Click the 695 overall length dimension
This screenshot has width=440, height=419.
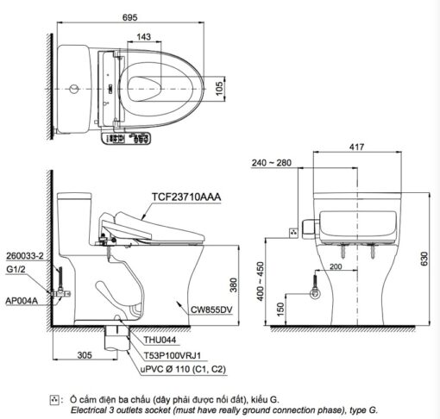coord(130,17)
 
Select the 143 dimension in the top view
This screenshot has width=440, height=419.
coord(143,37)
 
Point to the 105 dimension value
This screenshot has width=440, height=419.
coord(219,89)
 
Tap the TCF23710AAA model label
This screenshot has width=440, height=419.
coord(186,197)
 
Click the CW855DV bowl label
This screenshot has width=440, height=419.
coord(211,310)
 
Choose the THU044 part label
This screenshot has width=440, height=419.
coord(160,340)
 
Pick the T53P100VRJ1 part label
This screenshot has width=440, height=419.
coord(173,355)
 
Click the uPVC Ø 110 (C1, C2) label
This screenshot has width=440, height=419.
coord(183,369)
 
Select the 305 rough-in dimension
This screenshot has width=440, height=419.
coord(85,355)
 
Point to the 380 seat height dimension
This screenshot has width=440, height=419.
coord(234,285)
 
